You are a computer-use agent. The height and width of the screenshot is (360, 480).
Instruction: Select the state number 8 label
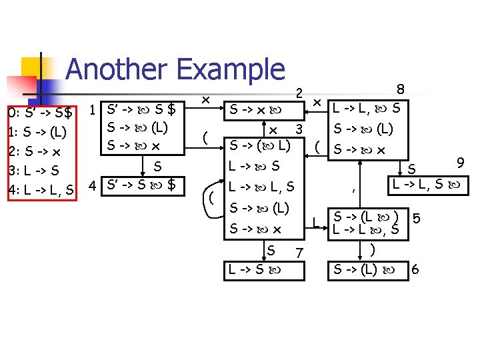coord(400,88)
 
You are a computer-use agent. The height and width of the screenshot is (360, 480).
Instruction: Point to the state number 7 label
coord(299,253)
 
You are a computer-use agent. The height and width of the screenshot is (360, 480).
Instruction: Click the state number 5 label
coord(417,218)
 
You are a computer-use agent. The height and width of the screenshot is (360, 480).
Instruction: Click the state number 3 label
coord(300,128)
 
